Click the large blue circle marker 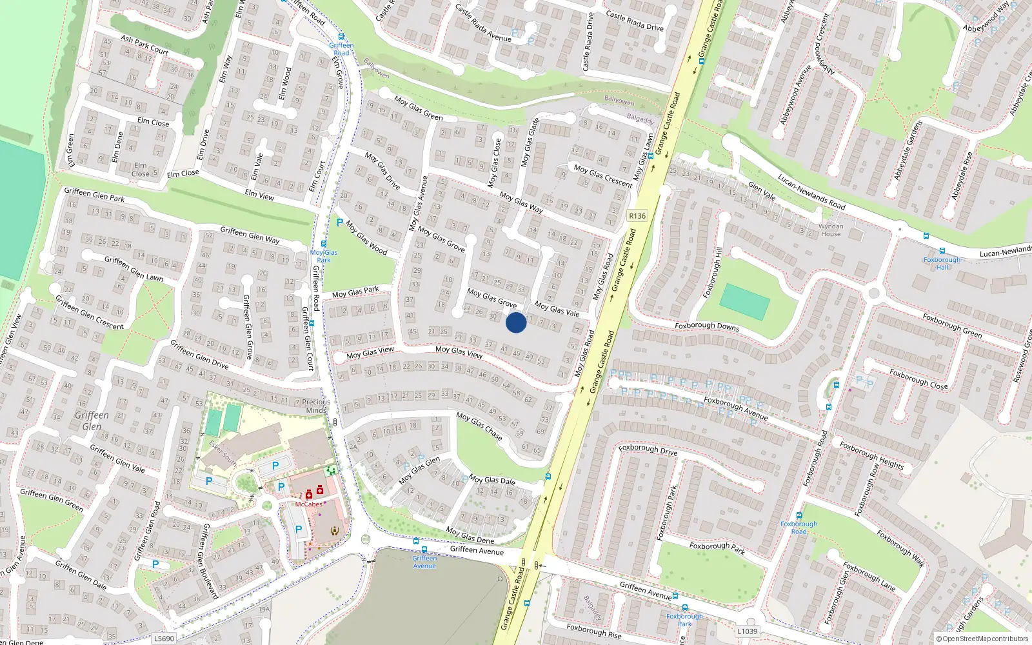[x=516, y=322]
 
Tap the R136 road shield [x=637, y=216]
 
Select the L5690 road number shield [x=164, y=639]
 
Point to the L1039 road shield [x=747, y=631]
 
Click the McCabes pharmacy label [x=308, y=504]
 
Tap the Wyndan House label [x=831, y=230]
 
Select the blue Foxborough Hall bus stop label [x=942, y=263]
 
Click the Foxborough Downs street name [x=707, y=326]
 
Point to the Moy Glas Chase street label [x=479, y=426]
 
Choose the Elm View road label [x=259, y=194]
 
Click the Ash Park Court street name [x=144, y=45]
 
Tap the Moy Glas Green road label [x=419, y=108]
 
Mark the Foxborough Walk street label [x=900, y=548]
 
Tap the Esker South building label [x=223, y=453]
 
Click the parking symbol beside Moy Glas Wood [x=340, y=223]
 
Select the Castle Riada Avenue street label [x=483, y=23]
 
